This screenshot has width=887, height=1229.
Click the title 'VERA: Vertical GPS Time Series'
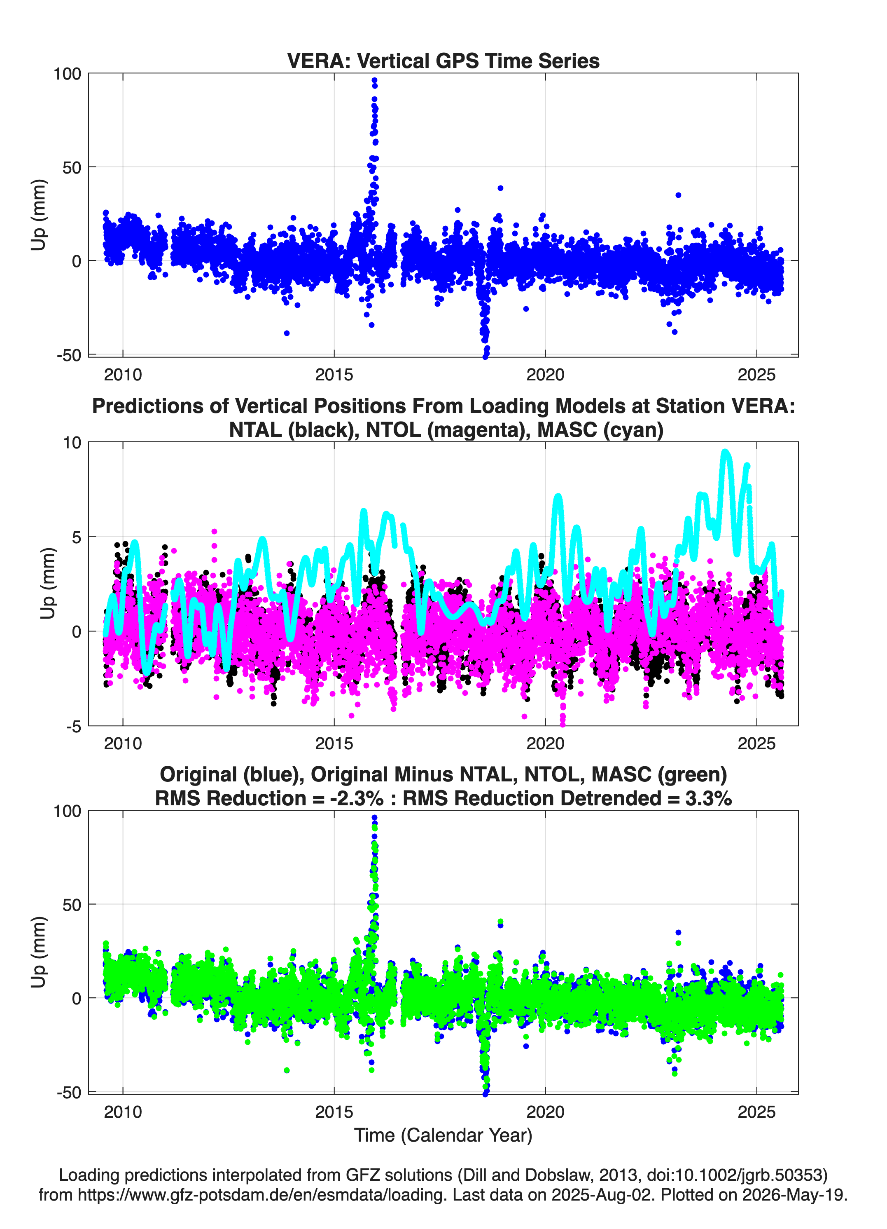point(443,61)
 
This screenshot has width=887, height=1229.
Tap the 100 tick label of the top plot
point(67,74)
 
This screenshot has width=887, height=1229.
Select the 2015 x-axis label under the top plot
point(334,375)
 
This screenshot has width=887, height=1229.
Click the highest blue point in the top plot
point(374,81)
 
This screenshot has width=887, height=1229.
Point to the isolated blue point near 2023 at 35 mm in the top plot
point(678,195)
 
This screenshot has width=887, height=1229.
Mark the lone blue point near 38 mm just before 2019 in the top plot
point(500,188)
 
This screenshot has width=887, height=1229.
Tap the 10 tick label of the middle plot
point(72,443)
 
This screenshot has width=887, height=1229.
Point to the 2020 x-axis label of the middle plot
point(545,743)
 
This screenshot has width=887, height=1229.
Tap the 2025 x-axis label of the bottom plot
point(756,1112)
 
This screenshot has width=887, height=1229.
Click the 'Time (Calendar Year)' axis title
point(443,1136)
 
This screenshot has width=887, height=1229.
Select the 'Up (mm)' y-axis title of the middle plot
point(48,584)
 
